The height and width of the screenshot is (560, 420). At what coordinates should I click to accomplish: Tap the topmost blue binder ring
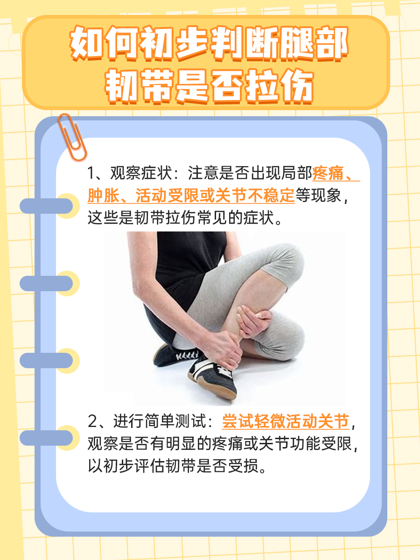pyautogui.click(x=46, y=206)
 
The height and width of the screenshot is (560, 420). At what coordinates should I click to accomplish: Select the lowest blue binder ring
pyautogui.click(x=46, y=438)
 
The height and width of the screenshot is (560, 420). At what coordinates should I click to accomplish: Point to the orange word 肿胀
pyautogui.click(x=103, y=196)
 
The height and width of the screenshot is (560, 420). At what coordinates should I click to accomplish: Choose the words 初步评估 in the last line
pyautogui.click(x=135, y=466)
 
